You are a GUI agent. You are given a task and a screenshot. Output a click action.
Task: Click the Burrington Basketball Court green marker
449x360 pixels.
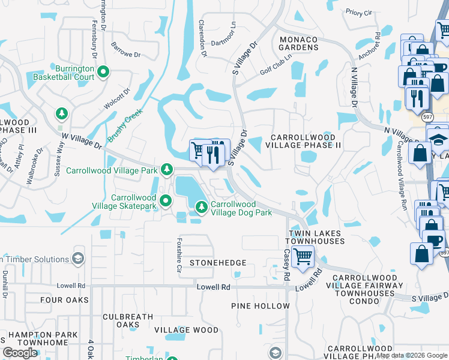click(103, 72)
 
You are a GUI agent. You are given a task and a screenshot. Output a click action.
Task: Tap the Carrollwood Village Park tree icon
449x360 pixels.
click(167, 171)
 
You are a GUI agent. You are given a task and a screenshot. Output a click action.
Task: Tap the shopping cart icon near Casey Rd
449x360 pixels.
click(303, 257)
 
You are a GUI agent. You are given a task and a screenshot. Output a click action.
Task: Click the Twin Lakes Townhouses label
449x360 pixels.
click(317, 237)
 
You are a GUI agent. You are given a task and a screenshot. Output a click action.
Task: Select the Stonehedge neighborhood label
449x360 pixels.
click(218, 263)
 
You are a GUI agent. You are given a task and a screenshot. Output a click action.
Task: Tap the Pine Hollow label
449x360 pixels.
click(261, 306)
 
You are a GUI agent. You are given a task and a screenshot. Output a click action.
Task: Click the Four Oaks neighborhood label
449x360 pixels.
click(65, 299)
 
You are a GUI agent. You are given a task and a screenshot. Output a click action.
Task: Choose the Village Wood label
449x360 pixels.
click(186, 330)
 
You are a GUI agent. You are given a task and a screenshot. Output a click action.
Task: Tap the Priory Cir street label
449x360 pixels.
click(359, 12)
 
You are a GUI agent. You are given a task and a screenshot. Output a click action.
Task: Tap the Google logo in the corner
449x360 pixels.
click(20, 353)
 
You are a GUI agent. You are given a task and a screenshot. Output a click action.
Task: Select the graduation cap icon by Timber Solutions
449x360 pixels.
click(77, 259)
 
